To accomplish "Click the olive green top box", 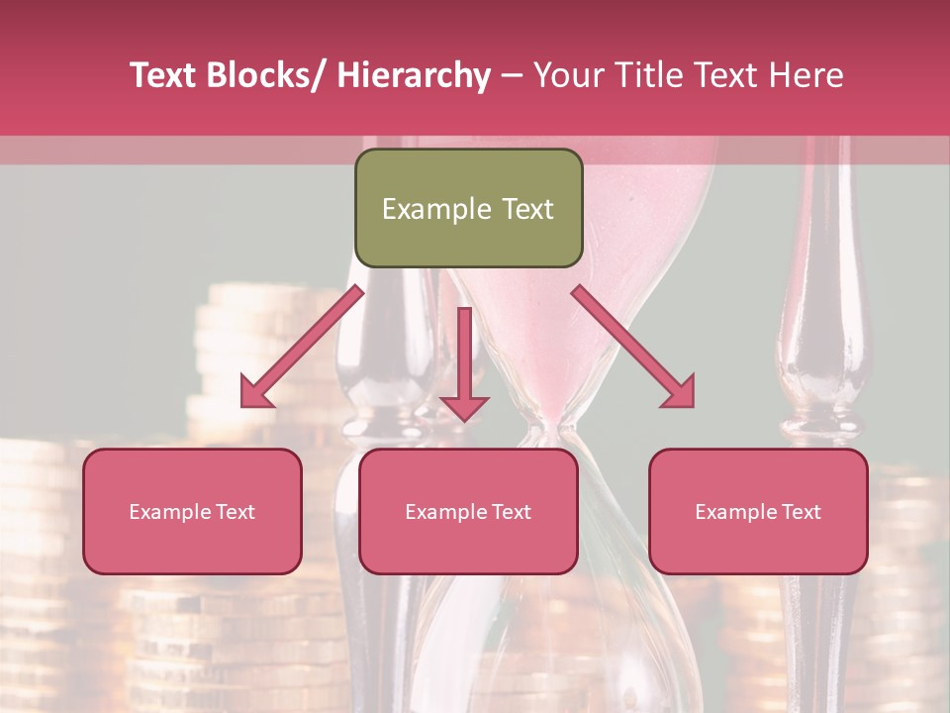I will [468, 208].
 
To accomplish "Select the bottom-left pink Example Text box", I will [192, 511].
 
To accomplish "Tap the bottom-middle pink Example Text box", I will [468, 511].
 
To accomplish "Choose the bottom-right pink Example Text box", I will [758, 511].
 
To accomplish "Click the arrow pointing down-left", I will [302, 347].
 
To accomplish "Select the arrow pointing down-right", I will [633, 347].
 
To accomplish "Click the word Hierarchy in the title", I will [414, 75].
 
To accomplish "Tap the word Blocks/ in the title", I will [262, 75].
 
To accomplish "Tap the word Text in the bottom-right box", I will [799, 511].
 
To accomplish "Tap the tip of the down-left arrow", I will [243, 405].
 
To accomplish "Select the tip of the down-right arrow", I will [692, 405].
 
